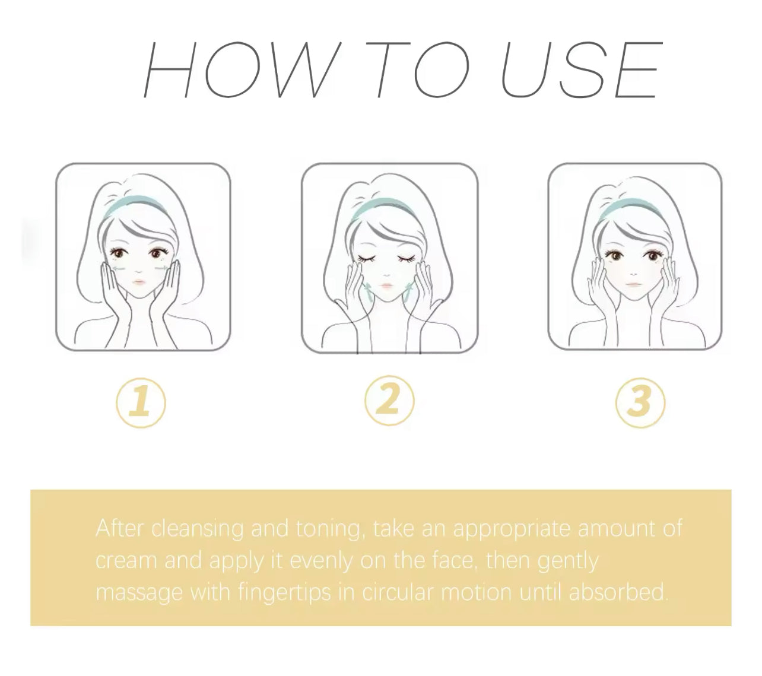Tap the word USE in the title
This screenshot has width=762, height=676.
point(582,69)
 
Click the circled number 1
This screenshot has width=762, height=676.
point(141,402)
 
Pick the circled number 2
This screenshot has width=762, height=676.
point(389,401)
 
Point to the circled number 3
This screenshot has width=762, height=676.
point(640,402)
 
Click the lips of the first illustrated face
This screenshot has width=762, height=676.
point(138,282)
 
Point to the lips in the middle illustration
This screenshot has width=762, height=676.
point(387,286)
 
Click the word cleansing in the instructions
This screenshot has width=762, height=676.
point(197,529)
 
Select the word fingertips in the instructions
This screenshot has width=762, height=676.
point(284,593)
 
